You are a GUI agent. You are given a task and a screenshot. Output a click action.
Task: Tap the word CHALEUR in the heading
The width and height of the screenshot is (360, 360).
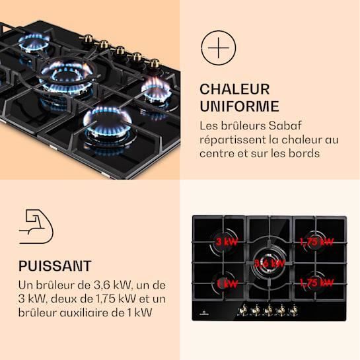(x=234, y=89)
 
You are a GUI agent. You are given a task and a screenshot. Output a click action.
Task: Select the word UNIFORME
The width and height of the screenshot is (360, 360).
(x=239, y=106)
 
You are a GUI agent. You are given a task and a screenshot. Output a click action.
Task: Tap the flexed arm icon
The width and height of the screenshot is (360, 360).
(x=36, y=228)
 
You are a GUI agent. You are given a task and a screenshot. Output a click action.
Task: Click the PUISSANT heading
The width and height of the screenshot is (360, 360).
(x=55, y=266)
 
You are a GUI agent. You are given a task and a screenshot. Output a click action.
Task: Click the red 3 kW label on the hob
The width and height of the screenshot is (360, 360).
(x=228, y=242)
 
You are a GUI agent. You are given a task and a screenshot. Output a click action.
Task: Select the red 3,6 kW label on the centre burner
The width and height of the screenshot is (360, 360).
(x=269, y=263)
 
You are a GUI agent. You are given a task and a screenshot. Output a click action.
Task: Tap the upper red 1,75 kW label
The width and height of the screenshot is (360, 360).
(x=315, y=242)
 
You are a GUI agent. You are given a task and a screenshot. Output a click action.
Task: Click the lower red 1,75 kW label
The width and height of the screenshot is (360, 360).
(x=315, y=283)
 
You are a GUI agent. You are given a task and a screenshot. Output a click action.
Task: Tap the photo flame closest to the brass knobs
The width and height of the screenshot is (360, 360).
(x=155, y=89)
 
